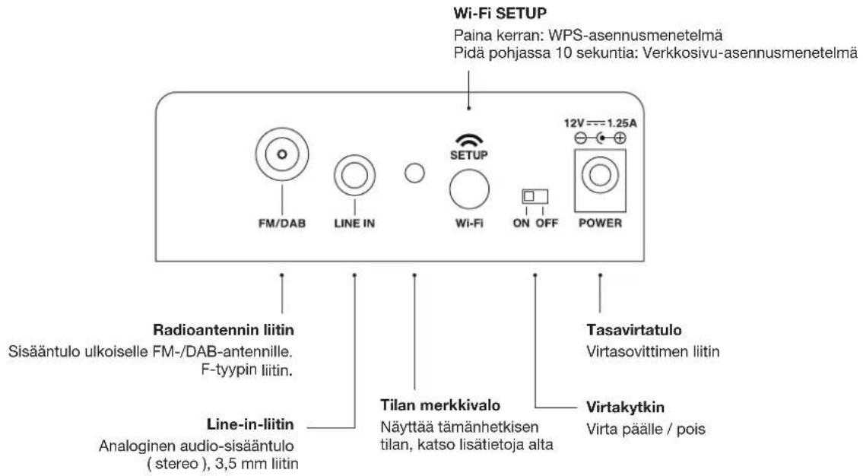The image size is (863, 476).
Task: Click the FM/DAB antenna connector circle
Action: click(281, 154)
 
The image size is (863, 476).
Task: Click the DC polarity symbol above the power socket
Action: click(600, 138)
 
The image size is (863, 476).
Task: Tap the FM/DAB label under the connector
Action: click(281, 225)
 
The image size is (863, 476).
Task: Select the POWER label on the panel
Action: click(600, 224)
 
